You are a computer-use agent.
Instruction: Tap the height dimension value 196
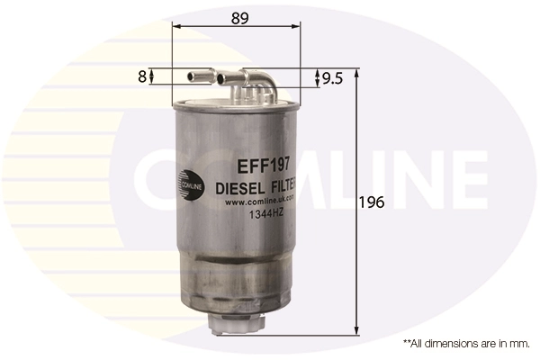[374, 202]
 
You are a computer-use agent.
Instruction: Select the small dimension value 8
[142, 77]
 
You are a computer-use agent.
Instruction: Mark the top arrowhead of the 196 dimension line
[358, 72]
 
